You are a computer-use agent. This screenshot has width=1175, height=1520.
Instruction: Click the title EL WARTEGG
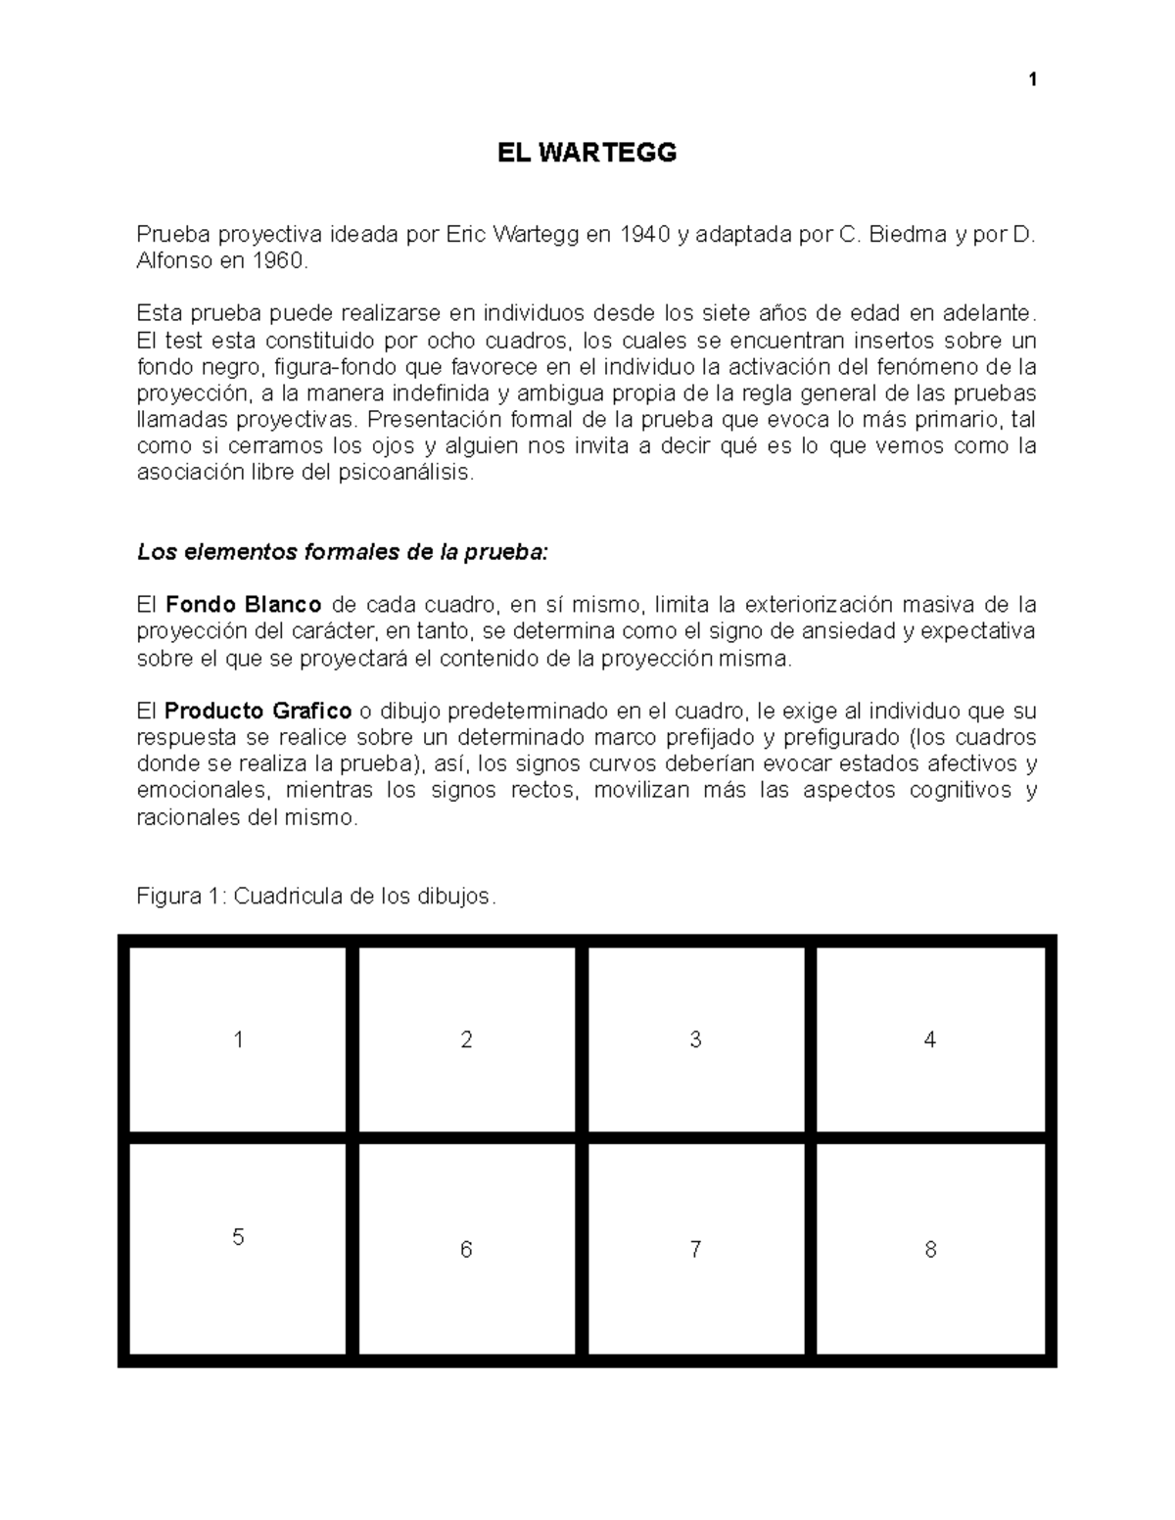[587, 153]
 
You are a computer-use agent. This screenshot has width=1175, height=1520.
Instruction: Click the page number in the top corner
[1032, 80]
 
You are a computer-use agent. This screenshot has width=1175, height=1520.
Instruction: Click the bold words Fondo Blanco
[244, 604]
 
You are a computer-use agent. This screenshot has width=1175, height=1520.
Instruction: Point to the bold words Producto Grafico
[258, 711]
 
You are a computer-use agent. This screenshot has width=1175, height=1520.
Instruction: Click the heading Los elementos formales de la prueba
[344, 552]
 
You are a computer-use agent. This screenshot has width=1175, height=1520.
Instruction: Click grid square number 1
[238, 1039]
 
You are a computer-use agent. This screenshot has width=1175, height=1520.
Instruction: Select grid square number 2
[466, 1039]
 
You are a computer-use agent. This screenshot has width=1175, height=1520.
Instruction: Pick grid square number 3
[695, 1039]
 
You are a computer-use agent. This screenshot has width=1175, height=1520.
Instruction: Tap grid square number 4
[930, 1039]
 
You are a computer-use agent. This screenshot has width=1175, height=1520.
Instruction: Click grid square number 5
[238, 1243]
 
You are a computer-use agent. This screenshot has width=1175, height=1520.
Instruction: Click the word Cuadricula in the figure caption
[286, 896]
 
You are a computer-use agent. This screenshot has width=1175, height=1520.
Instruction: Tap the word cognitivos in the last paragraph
[959, 791]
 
